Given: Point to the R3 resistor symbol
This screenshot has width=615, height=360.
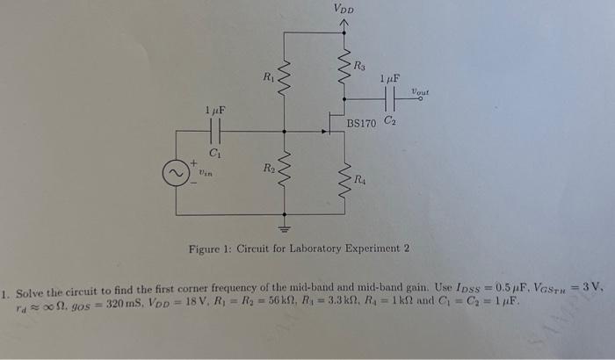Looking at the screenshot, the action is [x=344, y=67].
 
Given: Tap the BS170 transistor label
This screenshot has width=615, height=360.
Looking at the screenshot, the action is [x=362, y=123].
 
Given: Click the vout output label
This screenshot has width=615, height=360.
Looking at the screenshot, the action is [x=420, y=91].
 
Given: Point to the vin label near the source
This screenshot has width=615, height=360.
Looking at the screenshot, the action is [x=205, y=174].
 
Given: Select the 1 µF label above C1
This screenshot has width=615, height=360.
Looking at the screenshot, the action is [x=214, y=112].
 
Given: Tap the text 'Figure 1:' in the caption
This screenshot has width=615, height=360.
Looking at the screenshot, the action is [x=211, y=248].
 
